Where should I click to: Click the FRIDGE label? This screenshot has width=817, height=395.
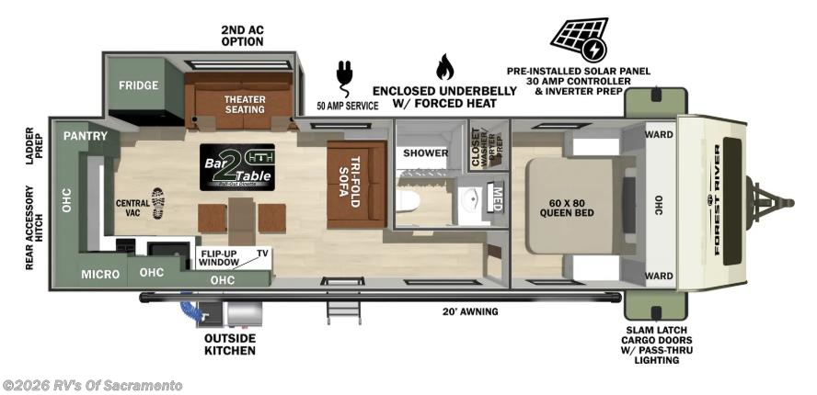[138, 85]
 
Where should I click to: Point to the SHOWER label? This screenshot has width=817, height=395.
[426, 153]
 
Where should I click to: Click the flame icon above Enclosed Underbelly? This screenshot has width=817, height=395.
[444, 66]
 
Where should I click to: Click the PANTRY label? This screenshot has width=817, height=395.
[86, 136]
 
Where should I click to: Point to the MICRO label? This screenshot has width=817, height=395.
[99, 274]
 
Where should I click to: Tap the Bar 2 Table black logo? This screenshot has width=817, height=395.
[236, 166]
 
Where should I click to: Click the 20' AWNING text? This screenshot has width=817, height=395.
[470, 312]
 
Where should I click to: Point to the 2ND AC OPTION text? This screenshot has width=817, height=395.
[242, 36]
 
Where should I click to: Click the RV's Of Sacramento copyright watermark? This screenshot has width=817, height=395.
[92, 385]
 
